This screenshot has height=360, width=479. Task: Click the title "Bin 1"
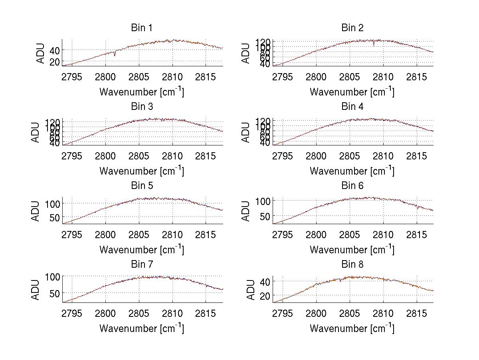[142, 28]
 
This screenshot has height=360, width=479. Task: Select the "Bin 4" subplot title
[352, 107]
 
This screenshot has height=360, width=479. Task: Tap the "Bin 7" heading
[142, 265]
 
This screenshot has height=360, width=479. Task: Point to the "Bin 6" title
[352, 186]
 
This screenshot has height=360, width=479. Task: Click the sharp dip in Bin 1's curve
[115, 55]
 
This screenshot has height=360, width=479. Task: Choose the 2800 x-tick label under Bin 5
[105, 234]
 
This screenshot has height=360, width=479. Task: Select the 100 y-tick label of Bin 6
[262, 201]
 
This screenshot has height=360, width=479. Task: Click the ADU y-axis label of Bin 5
[36, 211]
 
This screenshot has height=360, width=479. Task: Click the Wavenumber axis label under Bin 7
[142, 328]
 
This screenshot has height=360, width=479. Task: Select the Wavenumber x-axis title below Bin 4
[352, 171]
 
